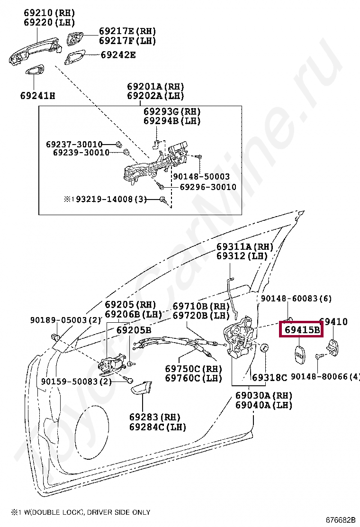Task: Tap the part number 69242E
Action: click(118, 55)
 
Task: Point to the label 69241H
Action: click(37, 96)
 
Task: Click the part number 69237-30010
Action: click(74, 144)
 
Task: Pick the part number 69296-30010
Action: click(207, 187)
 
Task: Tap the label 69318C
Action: click(270, 378)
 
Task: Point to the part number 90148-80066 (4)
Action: click(325, 377)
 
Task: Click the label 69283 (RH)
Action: click(155, 417)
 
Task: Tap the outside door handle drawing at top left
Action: click(36, 50)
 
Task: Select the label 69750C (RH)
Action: click(193, 369)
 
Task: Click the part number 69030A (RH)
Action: click(264, 396)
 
